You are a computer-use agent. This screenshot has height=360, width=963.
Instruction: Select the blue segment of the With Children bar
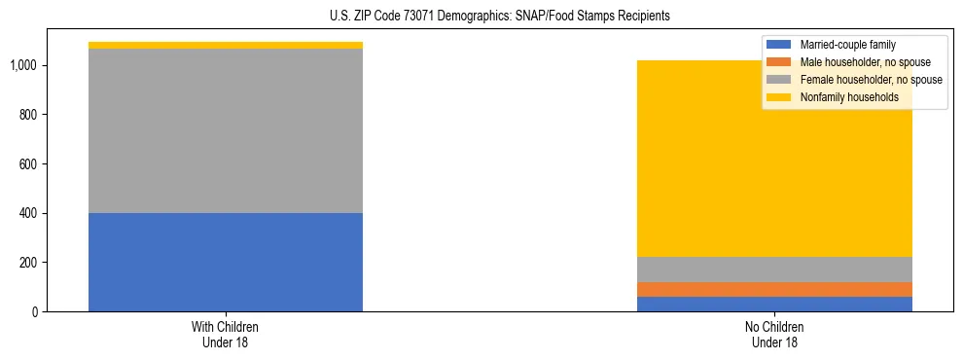click(225, 262)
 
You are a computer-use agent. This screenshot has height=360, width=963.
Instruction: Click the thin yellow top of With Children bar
click(225, 45)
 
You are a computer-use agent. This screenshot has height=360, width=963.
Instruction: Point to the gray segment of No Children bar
click(774, 270)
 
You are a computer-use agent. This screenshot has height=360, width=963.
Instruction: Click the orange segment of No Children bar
click(774, 289)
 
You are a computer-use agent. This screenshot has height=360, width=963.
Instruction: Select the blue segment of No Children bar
click(774, 304)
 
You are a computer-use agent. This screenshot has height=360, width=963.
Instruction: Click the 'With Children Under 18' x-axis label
click(225, 334)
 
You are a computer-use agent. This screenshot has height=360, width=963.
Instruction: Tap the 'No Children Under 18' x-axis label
click(774, 334)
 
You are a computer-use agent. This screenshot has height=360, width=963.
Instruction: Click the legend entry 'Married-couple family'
click(847, 44)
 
